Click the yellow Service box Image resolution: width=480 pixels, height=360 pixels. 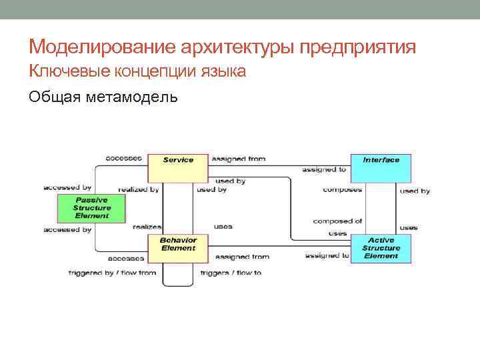[178, 167]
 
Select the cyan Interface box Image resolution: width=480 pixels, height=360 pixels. [381, 167]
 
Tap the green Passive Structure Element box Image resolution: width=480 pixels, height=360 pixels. [91, 207]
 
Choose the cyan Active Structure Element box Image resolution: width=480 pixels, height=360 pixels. [381, 248]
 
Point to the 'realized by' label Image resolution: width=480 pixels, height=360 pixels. [139, 190]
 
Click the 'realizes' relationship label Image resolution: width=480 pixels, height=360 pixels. [147, 227]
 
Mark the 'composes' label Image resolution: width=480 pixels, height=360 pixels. [342, 190]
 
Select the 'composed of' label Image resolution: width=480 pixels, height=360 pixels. [337, 221]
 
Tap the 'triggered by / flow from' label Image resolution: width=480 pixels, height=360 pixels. [112, 273]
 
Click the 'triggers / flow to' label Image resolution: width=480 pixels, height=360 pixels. [231, 273]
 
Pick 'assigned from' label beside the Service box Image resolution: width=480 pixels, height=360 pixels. [238, 159]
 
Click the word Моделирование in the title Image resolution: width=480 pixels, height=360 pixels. [101, 47]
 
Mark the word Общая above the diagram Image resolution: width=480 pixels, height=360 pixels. [54, 97]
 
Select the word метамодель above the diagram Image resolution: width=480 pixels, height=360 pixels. [131, 97]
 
